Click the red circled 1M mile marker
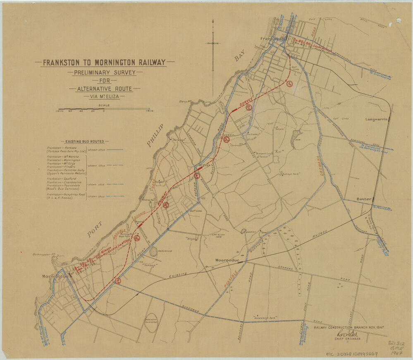[x=289, y=83]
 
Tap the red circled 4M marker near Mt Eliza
[x=198, y=175]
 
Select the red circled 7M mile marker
[x=118, y=281]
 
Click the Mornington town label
[x=55, y=276]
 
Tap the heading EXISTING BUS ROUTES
[x=84, y=142]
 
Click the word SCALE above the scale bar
[x=104, y=105]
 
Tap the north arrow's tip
[x=212, y=20]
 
